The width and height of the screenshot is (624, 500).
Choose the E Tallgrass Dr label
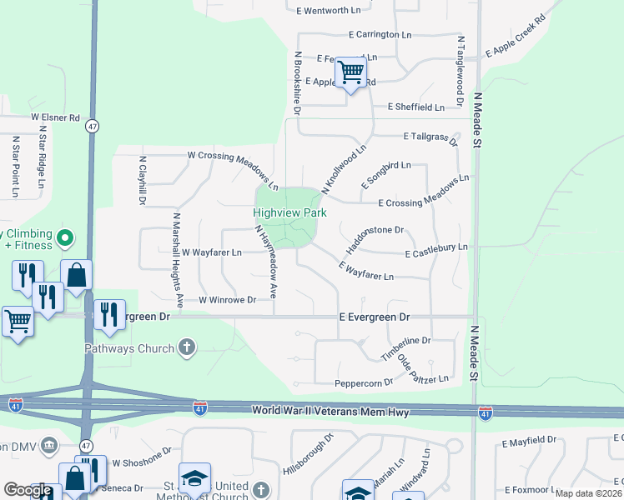[430, 137]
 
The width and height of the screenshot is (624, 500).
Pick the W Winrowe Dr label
[227, 299]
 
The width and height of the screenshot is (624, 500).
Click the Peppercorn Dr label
[363, 382]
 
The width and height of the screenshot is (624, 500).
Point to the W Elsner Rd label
[55, 117]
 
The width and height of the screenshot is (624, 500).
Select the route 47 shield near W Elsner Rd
[92, 126]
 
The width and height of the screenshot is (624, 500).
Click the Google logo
[28, 490]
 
